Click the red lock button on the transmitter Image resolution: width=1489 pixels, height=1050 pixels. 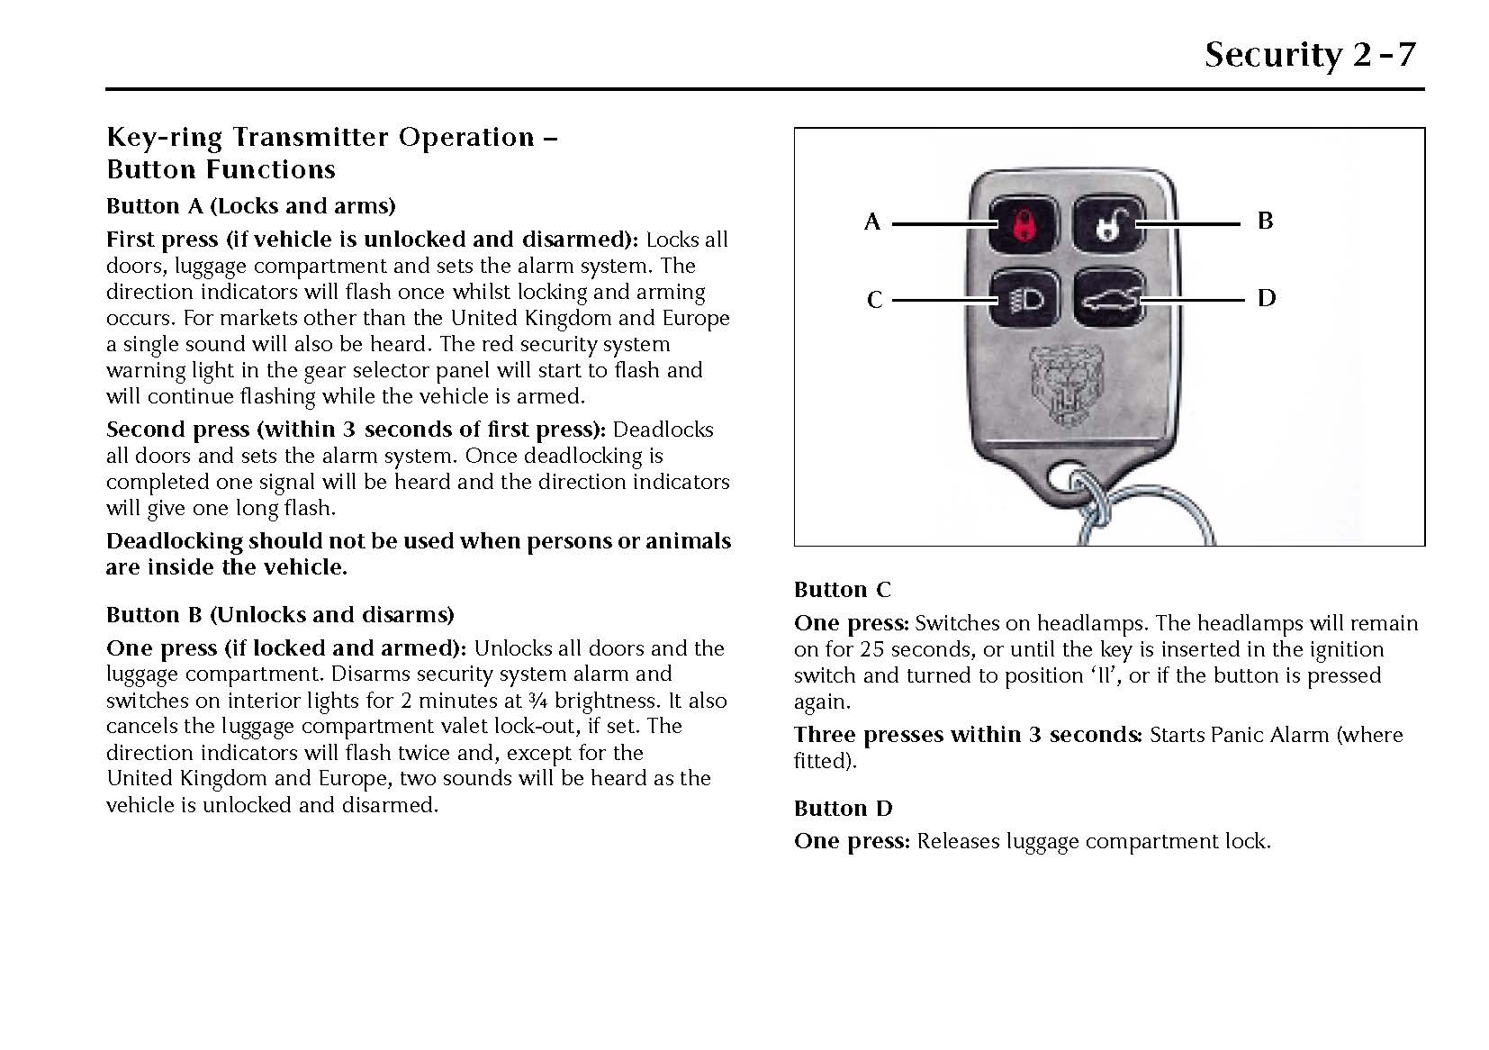tap(1019, 223)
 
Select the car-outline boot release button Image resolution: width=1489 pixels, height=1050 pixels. tap(1108, 299)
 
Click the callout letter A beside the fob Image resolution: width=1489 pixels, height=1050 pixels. tap(871, 222)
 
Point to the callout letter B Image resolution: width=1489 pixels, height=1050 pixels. tap(1265, 221)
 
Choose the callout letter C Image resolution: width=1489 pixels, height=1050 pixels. tap(873, 300)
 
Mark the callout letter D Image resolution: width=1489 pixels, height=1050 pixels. tap(1266, 298)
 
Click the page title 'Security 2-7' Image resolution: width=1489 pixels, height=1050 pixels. tap(1310, 54)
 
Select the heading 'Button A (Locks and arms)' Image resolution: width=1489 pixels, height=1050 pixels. tap(250, 206)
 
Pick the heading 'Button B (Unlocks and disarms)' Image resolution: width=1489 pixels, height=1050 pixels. tap(280, 615)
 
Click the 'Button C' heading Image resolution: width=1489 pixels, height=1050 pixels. tap(842, 590)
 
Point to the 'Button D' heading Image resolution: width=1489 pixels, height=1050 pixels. tap(843, 809)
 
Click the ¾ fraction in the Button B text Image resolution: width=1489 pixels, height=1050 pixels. tap(537, 701)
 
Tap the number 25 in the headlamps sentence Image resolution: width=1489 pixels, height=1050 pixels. tap(871, 649)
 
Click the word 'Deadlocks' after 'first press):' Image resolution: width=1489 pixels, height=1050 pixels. tap(663, 430)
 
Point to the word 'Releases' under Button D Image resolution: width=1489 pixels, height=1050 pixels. tap(958, 842)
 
